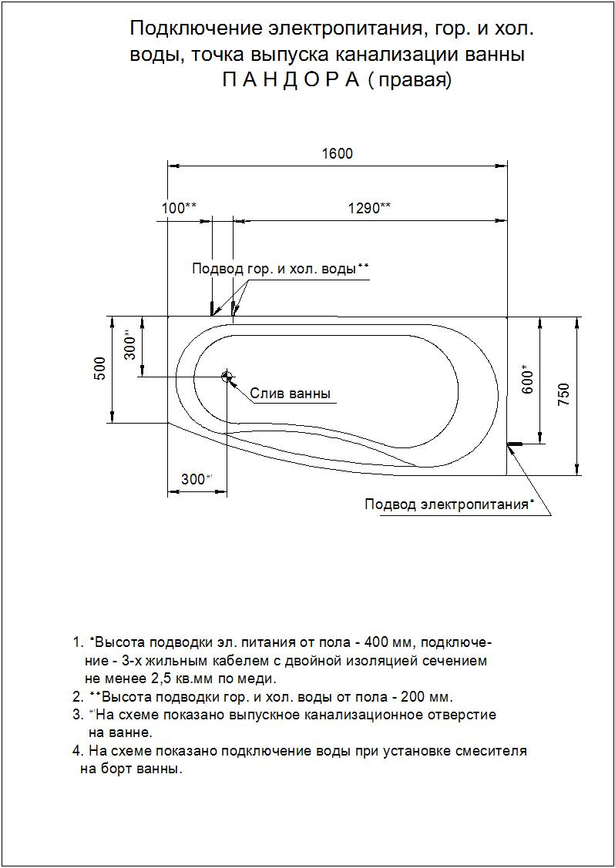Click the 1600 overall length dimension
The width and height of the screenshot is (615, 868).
(x=337, y=154)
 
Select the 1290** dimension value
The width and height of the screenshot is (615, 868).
(x=369, y=208)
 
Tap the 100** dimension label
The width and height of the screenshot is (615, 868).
(x=180, y=208)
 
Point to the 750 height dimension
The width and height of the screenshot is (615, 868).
(x=563, y=395)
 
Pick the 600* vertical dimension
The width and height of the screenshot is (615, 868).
(x=528, y=379)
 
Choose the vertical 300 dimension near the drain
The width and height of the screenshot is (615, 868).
(x=130, y=344)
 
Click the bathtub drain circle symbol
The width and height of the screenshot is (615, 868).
(x=227, y=377)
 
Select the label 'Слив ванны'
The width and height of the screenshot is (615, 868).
(x=291, y=394)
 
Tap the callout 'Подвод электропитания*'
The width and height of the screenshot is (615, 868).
(x=449, y=504)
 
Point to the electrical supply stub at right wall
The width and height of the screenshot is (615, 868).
(x=514, y=444)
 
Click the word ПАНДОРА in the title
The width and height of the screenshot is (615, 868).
(x=292, y=80)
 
